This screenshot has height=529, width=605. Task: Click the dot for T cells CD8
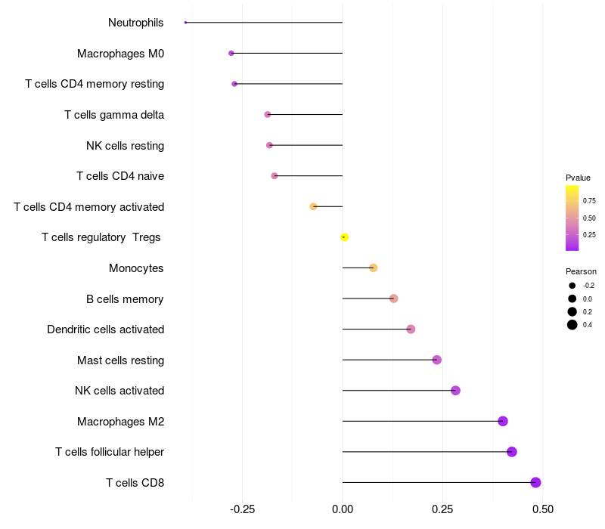pyautogui.click(x=535, y=482)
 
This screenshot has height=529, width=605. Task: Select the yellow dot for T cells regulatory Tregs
pyautogui.click(x=345, y=237)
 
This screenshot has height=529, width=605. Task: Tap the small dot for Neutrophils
pyautogui.click(x=185, y=23)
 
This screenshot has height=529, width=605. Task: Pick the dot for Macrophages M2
pyautogui.click(x=503, y=421)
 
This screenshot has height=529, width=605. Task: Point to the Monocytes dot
pyautogui.click(x=373, y=268)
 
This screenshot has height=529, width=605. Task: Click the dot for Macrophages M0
pyautogui.click(x=231, y=53)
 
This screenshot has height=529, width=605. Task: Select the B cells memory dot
pyautogui.click(x=393, y=299)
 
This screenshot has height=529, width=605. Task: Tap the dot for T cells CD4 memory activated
pyautogui.click(x=313, y=206)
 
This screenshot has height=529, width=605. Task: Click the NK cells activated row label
pyautogui.click(x=119, y=391)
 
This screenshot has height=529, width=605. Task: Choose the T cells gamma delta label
pyautogui.click(x=114, y=115)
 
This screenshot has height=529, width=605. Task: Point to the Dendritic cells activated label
pyautogui.click(x=106, y=329)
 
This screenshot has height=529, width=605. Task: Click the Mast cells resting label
pyautogui.click(x=121, y=360)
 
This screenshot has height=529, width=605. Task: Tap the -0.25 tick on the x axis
pyautogui.click(x=242, y=509)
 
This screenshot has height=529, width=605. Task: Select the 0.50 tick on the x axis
pyautogui.click(x=543, y=509)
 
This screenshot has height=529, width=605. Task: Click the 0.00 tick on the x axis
pyautogui.click(x=343, y=509)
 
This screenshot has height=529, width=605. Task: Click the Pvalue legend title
pyautogui.click(x=578, y=178)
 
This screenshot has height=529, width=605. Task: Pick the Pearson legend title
pyautogui.click(x=581, y=271)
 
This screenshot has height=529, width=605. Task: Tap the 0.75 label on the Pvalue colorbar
pyautogui.click(x=589, y=201)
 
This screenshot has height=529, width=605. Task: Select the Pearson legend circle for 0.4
pyautogui.click(x=572, y=325)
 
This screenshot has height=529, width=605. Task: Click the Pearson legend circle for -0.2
pyautogui.click(x=572, y=286)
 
